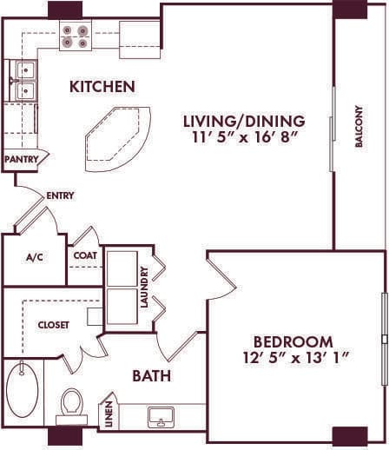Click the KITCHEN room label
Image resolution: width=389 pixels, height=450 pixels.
pos(102,87)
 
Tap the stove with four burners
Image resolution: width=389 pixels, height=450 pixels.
pos(76,36)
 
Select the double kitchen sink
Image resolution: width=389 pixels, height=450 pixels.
pos(23,79)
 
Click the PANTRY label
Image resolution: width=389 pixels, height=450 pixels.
pos(21,160)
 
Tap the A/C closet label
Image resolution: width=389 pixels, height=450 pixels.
pos(35,257)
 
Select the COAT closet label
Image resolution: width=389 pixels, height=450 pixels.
pos(84,255)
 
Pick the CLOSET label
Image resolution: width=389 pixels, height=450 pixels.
pos(52,324)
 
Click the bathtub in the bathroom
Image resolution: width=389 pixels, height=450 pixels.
pos(22,394)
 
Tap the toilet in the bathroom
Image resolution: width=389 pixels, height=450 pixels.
pos(71,404)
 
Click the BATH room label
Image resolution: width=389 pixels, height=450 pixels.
pos(151,377)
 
